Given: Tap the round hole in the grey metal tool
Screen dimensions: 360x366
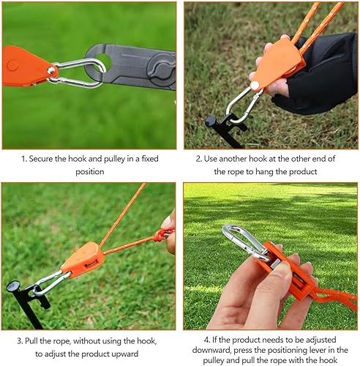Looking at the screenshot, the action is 103,61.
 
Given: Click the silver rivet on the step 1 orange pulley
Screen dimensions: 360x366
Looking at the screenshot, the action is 50,71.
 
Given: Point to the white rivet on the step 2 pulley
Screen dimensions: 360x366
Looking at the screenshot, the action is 255,86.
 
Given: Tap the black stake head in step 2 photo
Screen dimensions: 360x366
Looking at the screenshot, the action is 211,121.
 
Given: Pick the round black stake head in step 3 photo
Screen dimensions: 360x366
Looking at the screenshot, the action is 13,286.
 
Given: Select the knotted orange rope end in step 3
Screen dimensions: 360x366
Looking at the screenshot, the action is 162,235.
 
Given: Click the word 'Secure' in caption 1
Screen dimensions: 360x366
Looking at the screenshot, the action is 41,159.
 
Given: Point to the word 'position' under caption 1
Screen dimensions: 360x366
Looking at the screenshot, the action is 90,172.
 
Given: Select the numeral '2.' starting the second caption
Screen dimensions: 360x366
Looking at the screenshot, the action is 199,159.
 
